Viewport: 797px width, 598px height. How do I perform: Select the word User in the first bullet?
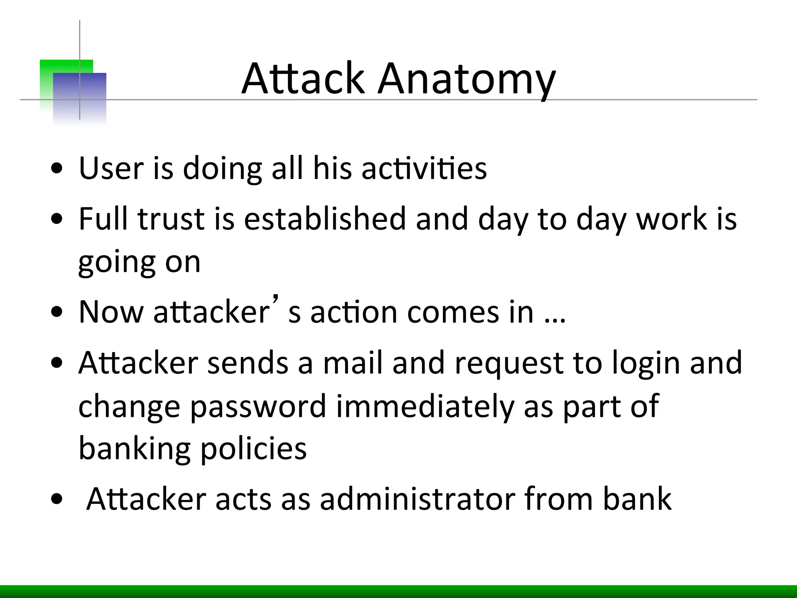111,169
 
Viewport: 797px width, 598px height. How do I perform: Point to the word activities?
424,169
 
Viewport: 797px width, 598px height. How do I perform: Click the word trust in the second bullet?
171,219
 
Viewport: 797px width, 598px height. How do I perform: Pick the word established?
325,219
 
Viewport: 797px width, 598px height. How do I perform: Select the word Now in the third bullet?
111,313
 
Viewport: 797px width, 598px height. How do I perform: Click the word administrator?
417,500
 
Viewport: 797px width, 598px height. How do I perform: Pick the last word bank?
637,500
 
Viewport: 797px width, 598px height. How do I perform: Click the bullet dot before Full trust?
57,219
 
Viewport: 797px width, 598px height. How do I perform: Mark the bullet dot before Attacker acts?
57,500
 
